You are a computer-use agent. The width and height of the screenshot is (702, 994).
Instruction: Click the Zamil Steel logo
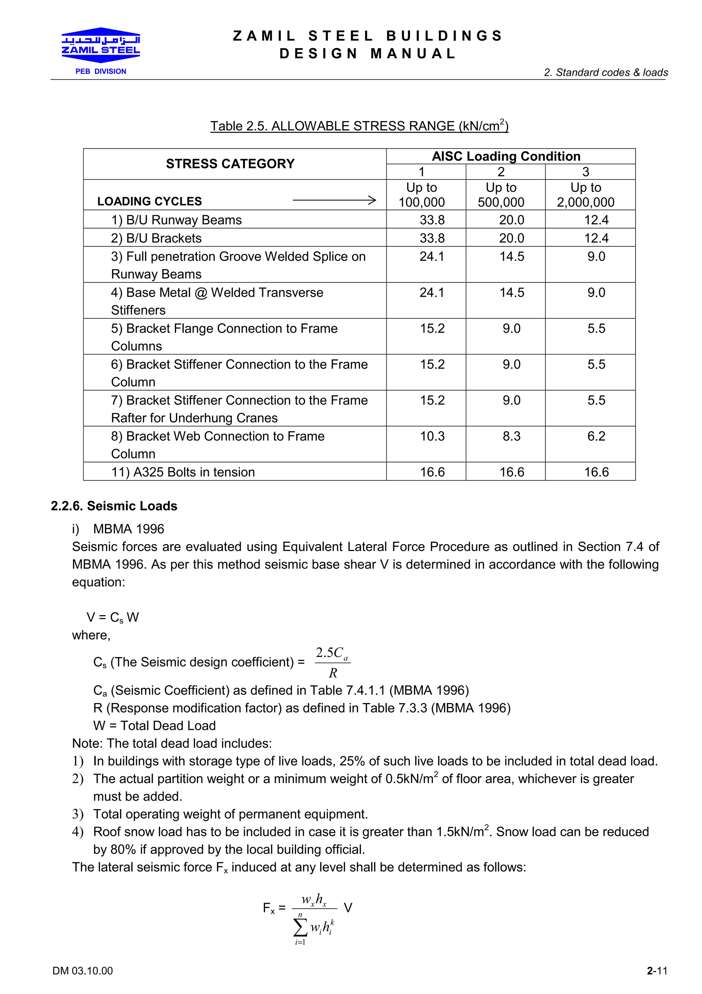click(100, 45)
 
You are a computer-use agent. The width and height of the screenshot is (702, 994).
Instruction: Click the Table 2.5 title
click(359, 126)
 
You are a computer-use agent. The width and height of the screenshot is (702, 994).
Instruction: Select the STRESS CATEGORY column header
click(230, 164)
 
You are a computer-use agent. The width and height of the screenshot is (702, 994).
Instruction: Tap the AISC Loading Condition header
click(506, 156)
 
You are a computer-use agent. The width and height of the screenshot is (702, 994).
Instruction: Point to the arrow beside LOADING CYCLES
click(334, 200)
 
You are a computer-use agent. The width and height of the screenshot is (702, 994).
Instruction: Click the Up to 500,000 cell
click(501, 195)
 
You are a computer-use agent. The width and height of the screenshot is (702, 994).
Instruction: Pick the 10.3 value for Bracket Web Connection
click(432, 436)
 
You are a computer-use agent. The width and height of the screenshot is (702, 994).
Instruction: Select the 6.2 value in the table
click(596, 436)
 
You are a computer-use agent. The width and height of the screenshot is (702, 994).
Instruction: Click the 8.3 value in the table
click(511, 436)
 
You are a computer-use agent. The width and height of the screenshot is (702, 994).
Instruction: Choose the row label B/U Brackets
click(156, 238)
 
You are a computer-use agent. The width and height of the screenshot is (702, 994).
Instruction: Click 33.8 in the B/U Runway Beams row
click(432, 220)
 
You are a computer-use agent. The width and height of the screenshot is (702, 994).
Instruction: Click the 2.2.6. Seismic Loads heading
click(114, 506)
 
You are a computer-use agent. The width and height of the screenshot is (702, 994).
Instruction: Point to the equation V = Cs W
click(112, 617)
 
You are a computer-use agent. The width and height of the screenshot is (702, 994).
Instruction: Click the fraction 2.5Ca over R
click(332, 662)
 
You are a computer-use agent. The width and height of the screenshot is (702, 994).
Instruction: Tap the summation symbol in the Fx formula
click(300, 927)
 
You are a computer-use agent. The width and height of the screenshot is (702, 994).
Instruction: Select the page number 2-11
click(657, 971)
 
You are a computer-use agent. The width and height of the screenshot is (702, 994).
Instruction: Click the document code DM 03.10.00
click(83, 971)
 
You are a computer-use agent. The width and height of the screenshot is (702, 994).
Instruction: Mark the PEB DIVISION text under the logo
click(101, 71)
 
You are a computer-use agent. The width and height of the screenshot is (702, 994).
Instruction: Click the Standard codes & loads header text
click(606, 72)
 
